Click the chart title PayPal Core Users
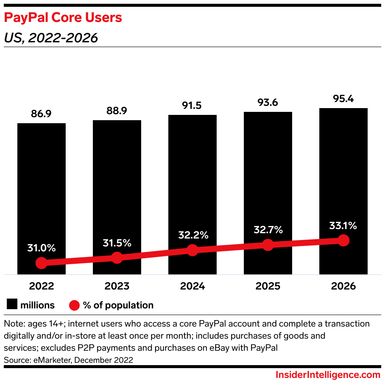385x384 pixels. (63, 18)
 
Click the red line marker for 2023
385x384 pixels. (117, 258)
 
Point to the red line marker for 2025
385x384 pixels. (268, 245)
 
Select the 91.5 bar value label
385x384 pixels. (192, 105)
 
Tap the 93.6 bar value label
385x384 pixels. (268, 102)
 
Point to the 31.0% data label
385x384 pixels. (42, 248)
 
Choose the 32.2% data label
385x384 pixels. (192, 235)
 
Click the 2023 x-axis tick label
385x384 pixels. (117, 286)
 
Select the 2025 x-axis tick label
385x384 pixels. (268, 286)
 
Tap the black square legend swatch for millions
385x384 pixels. (12, 305)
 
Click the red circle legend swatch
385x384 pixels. (74, 305)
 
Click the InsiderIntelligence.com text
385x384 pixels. (328, 375)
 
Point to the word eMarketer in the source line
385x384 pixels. (49, 360)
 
